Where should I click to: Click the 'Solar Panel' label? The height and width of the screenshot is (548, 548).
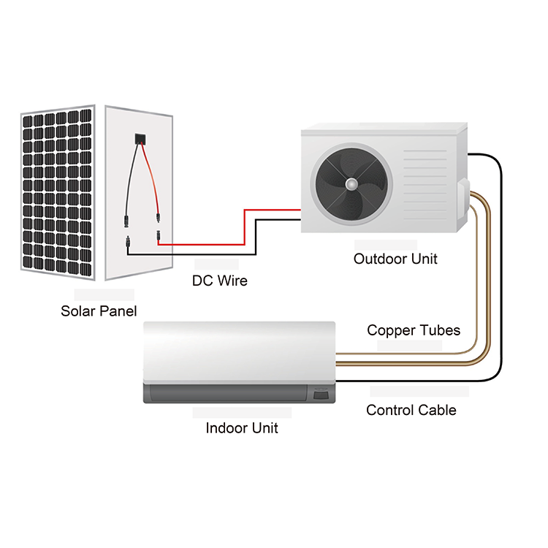pos(99,311)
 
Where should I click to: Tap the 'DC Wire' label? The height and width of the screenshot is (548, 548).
pos(219,281)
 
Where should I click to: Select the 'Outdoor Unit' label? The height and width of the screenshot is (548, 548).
pos(395,259)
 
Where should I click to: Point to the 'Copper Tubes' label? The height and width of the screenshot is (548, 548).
pos(414,330)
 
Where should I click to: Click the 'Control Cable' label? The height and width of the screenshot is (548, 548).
pos(411,410)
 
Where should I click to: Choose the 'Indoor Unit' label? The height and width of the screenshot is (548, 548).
pos(242,428)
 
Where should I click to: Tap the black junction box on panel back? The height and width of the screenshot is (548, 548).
pos(138,139)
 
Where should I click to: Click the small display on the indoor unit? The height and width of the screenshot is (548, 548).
pos(321,395)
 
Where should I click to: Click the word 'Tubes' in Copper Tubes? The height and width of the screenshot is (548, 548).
pos(439,330)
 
